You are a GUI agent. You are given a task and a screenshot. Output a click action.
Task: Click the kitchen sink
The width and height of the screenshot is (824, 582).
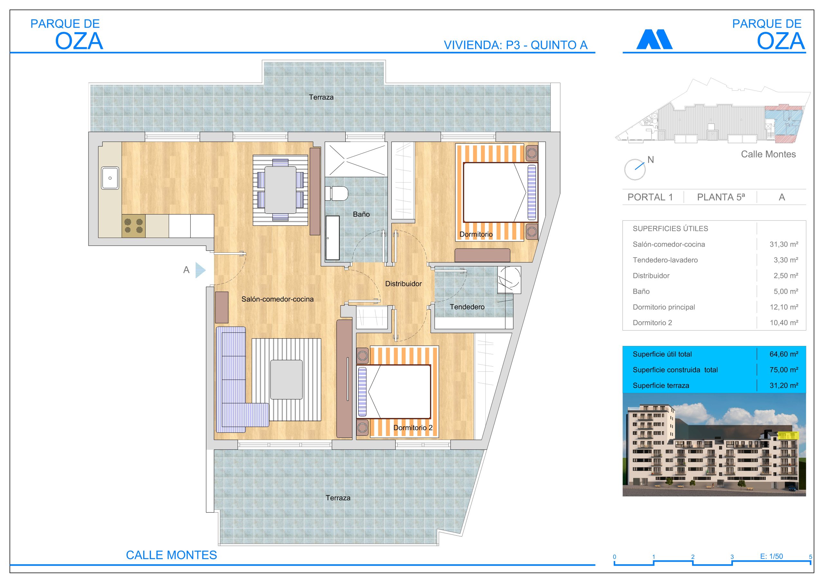[110, 178]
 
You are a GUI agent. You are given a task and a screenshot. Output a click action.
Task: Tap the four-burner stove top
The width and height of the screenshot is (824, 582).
[134, 226]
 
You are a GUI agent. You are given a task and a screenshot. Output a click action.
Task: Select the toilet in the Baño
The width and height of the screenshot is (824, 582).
[336, 193]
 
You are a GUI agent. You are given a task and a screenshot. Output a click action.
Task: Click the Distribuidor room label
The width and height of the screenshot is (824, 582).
[403, 284]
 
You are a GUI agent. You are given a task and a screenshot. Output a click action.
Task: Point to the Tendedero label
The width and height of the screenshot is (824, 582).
[467, 307]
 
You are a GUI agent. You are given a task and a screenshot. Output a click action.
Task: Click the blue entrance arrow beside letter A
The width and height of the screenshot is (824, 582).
[200, 270]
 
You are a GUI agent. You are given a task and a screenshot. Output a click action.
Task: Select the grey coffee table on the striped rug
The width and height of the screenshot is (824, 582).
[286, 380]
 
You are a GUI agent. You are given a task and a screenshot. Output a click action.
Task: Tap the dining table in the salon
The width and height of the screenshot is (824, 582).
[280, 190]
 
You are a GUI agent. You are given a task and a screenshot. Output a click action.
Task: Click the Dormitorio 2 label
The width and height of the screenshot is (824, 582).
[413, 428]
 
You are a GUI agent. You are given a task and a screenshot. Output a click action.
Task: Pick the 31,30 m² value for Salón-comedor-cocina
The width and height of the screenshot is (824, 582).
[784, 244]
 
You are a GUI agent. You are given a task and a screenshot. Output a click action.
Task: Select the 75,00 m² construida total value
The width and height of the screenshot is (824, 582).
[784, 370]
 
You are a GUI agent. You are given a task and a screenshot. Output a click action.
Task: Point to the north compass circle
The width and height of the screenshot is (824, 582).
[635, 169]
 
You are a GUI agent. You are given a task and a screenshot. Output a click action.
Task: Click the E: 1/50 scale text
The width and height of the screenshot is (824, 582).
[772, 556]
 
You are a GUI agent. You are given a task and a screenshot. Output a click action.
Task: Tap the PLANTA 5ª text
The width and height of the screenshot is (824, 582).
[721, 197]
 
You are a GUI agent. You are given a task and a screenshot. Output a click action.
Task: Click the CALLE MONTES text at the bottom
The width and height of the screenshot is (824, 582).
[172, 555]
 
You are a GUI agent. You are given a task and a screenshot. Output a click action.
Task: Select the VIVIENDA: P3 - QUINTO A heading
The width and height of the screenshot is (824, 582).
[516, 45]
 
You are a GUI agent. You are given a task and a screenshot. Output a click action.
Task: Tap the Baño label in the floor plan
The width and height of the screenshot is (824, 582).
[361, 214]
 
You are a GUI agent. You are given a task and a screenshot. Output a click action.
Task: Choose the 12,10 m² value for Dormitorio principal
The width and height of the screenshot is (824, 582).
[784, 307]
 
